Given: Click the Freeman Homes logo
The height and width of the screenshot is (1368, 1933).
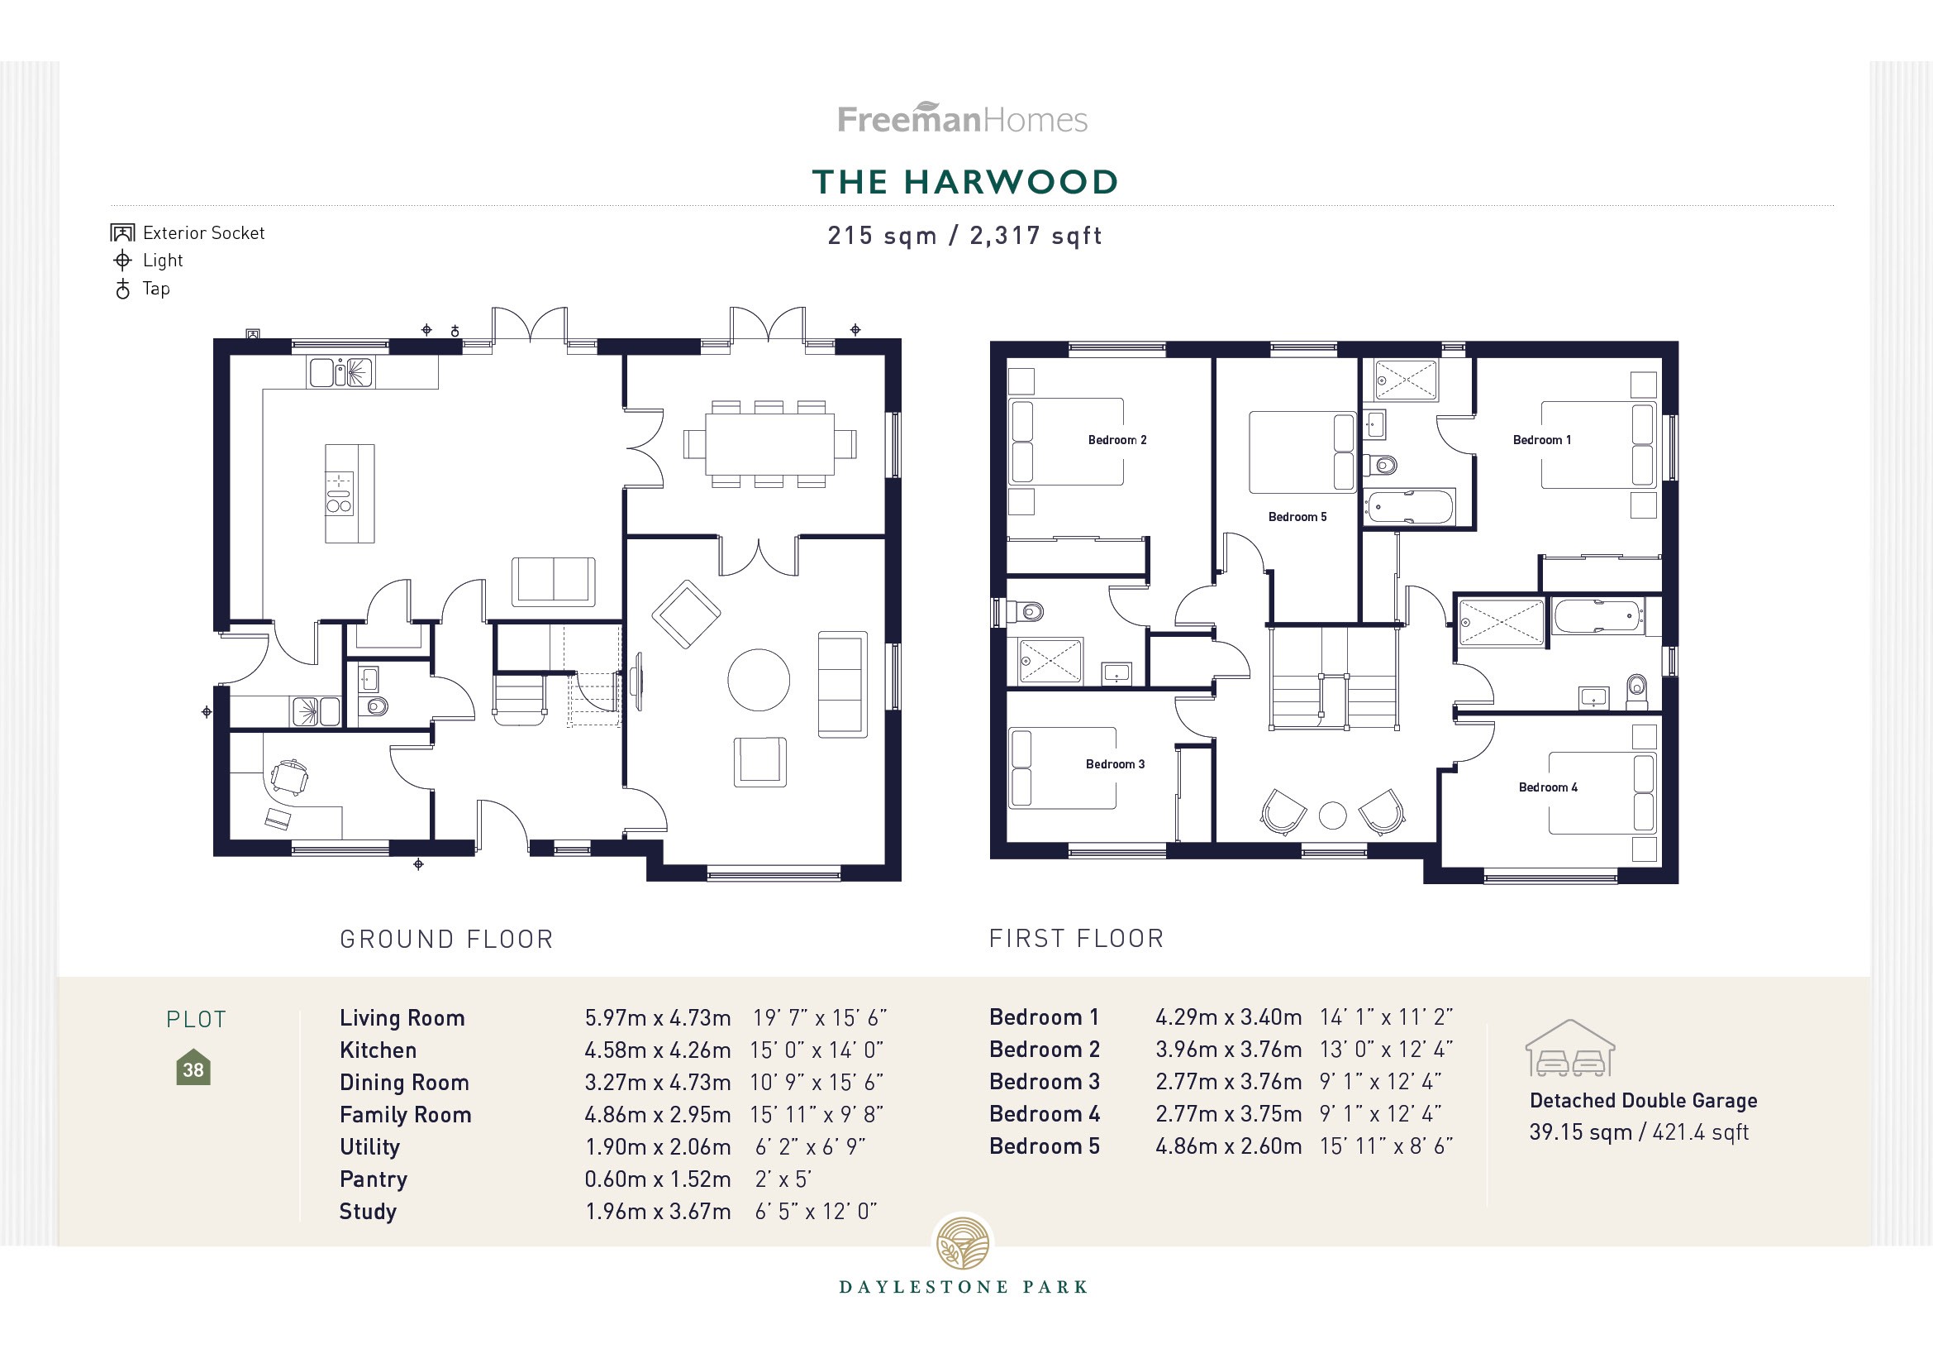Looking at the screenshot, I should pyautogui.click(x=962, y=119).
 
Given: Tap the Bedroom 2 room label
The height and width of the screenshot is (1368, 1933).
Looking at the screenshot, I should pyautogui.click(x=1116, y=440).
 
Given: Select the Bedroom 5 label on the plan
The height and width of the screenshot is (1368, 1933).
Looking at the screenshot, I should pyautogui.click(x=1297, y=516).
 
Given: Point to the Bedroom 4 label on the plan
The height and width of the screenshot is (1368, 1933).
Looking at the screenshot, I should pyautogui.click(x=1547, y=787).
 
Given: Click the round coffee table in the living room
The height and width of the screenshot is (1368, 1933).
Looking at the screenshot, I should pyautogui.click(x=759, y=680).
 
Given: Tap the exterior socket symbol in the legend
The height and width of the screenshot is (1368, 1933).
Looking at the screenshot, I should pyautogui.click(x=123, y=232).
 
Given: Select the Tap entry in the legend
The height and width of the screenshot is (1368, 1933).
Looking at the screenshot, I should pyautogui.click(x=155, y=289).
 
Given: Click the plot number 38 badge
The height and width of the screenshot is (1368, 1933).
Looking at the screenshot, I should pyautogui.click(x=193, y=1068).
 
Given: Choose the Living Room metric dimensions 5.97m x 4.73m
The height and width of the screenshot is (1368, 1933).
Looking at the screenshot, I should pyautogui.click(x=658, y=1017).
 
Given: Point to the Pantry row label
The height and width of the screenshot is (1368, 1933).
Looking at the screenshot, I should pyautogui.click(x=373, y=1179).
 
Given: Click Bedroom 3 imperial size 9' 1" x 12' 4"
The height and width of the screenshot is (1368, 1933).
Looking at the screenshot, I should pyautogui.click(x=1381, y=1082).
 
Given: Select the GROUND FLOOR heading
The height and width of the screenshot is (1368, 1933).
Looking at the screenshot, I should pyautogui.click(x=446, y=940).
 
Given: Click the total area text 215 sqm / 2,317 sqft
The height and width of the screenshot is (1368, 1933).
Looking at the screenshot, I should pyautogui.click(x=964, y=236).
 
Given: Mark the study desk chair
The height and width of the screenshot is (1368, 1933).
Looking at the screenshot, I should pyautogui.click(x=290, y=777).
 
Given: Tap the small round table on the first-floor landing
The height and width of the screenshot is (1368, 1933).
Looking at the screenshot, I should pyautogui.click(x=1332, y=815).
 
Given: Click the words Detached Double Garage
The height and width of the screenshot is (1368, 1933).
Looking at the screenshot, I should pyautogui.click(x=1643, y=1100).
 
